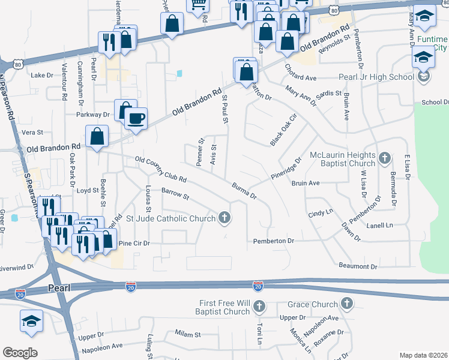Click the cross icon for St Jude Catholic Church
pos(224,218)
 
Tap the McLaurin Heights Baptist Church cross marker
pos(384,159)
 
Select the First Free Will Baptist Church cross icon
pos(259,308)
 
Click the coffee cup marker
pos(136,118)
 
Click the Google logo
pos(20,353)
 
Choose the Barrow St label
pos(175,194)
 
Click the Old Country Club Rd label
pos(161,170)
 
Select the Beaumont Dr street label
pos(358,266)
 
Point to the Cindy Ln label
pos(320,213)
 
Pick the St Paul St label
pos(226,109)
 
